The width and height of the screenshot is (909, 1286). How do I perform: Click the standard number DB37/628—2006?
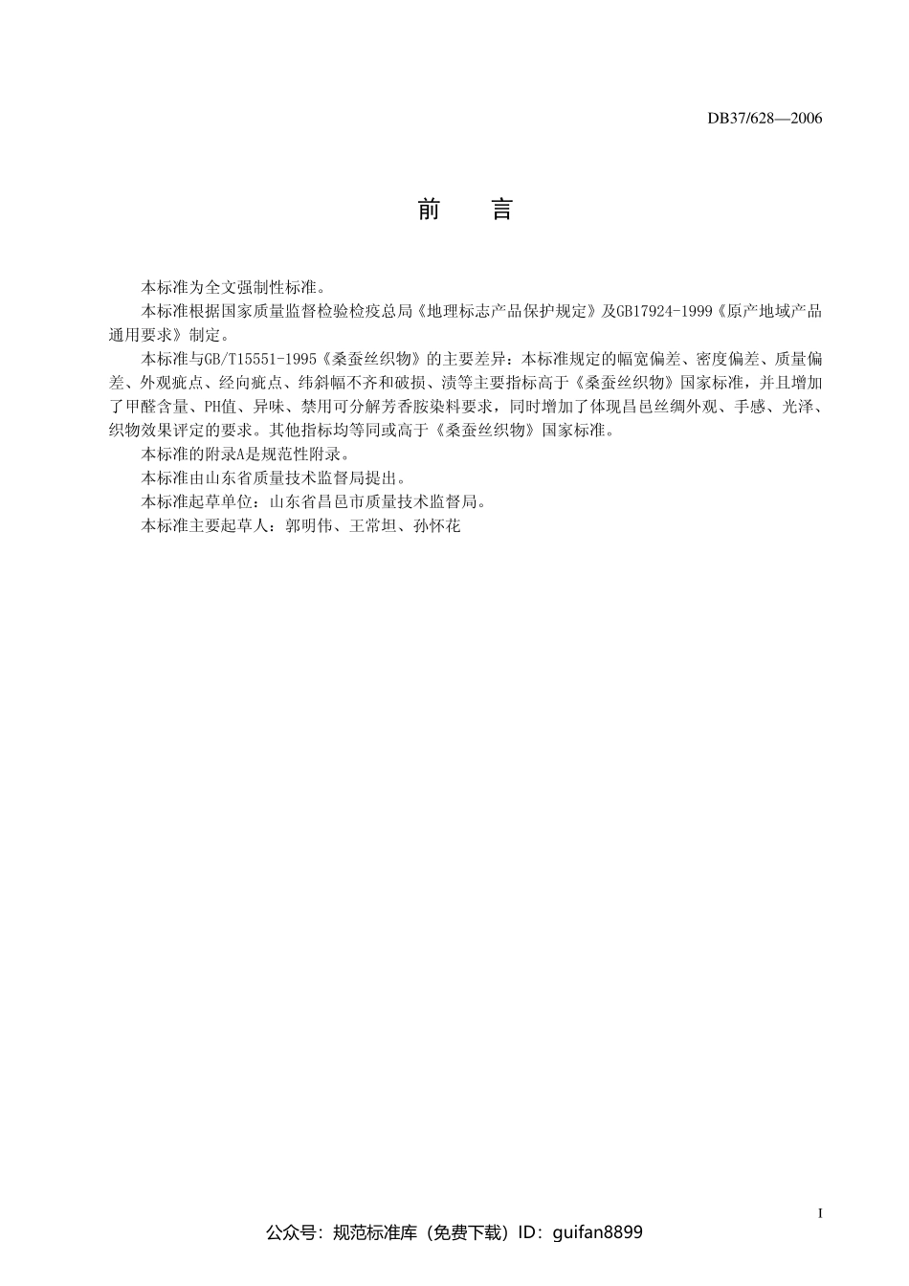click(x=765, y=119)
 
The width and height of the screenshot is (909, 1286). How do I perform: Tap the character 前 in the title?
click(x=429, y=211)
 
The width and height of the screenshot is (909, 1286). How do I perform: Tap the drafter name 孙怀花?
click(x=437, y=525)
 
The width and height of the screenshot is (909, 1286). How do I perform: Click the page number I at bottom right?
click(x=820, y=1213)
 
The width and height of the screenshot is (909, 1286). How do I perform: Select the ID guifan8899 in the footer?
click(x=598, y=1232)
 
